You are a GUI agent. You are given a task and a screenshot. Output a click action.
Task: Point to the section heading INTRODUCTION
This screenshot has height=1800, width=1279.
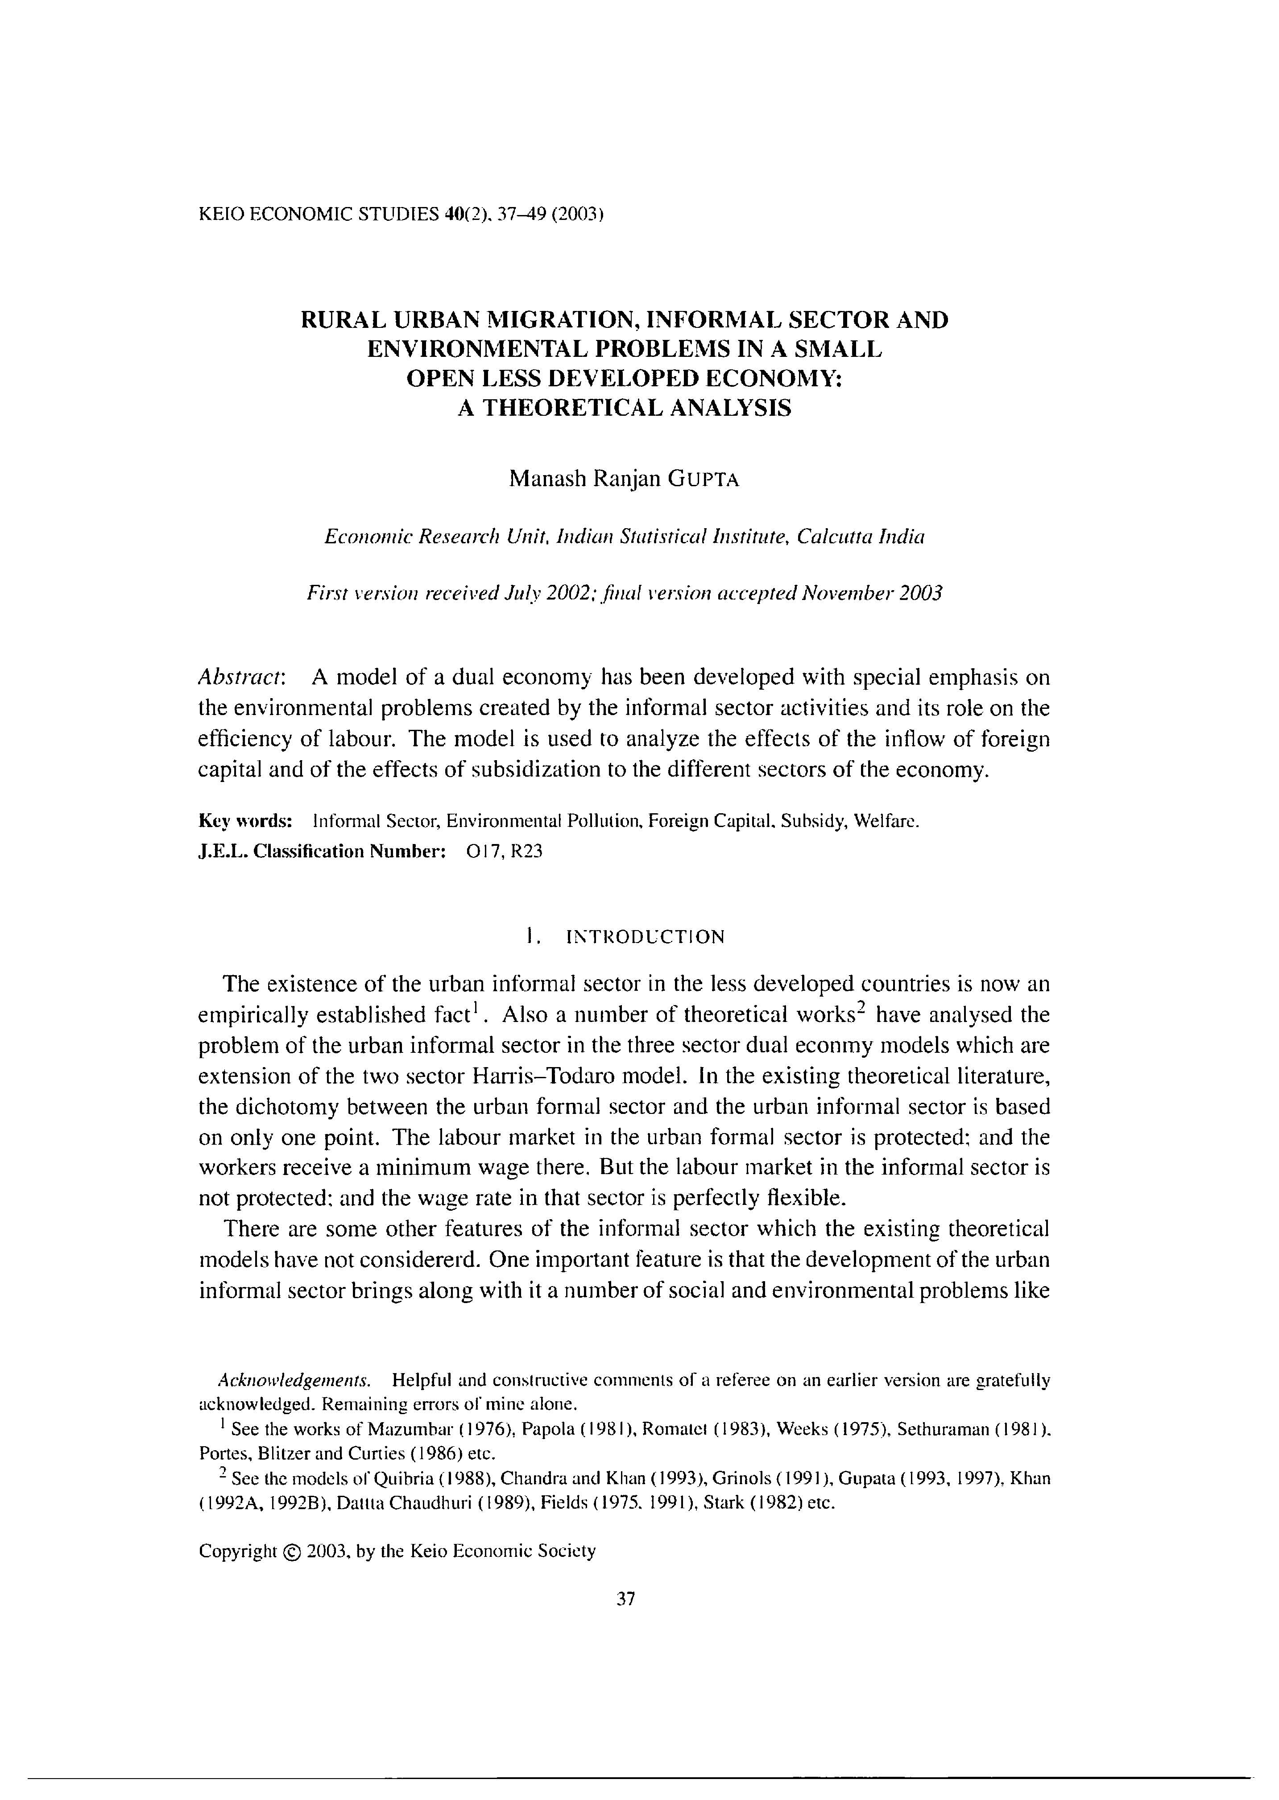[x=644, y=937]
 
